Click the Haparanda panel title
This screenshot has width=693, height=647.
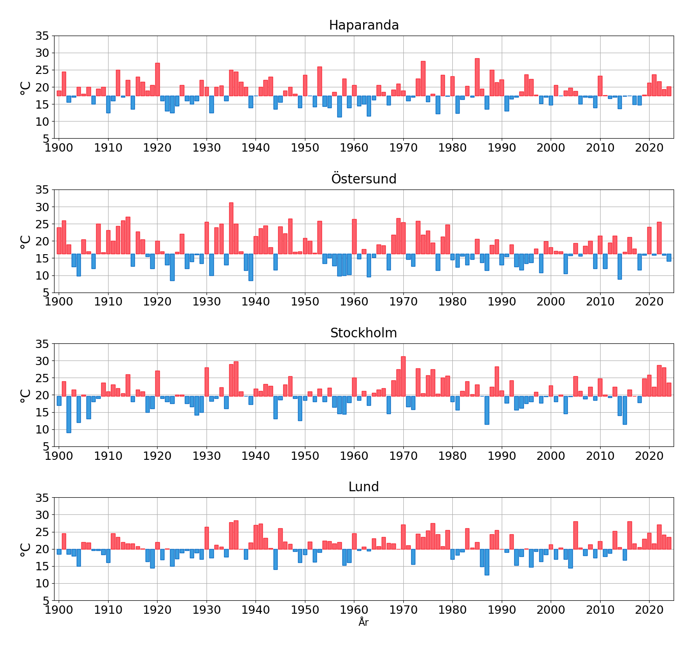[x=364, y=25]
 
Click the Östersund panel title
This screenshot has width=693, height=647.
[x=364, y=179]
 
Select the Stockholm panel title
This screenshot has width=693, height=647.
[x=364, y=333]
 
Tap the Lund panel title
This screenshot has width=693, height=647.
[x=364, y=487]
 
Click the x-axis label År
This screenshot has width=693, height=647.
[x=364, y=623]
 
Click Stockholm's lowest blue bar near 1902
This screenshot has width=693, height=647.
[x=69, y=414]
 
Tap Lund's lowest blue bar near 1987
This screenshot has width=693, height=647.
[x=487, y=562]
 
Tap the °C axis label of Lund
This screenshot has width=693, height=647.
[x=25, y=549]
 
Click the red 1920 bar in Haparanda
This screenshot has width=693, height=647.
[x=158, y=79]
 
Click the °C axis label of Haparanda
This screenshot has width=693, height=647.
[x=25, y=87]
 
